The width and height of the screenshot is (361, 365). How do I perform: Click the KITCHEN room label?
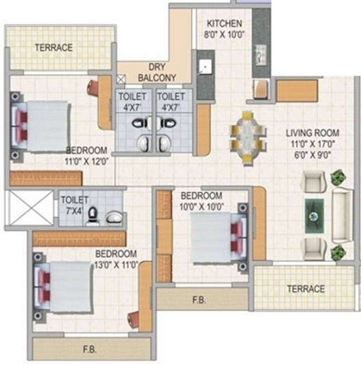[x=224, y=24]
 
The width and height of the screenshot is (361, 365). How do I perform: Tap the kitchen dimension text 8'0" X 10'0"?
[x=224, y=34]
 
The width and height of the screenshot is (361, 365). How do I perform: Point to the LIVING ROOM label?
[x=312, y=133]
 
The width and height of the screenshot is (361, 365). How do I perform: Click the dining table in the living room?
[x=246, y=138]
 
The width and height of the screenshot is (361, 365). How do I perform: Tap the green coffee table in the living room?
[x=314, y=216]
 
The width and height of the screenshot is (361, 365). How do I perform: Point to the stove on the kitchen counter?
[x=261, y=54]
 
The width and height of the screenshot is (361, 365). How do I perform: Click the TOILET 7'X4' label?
[x=72, y=205]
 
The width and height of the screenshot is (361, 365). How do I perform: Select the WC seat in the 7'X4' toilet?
[x=93, y=217]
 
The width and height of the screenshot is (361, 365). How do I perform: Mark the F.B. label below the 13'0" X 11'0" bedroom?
[x=90, y=349]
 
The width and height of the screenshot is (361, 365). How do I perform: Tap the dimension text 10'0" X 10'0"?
[x=201, y=206]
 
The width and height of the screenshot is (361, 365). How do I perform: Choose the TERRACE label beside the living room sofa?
[x=306, y=289]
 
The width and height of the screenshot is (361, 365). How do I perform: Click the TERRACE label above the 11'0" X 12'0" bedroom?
[x=53, y=48]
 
